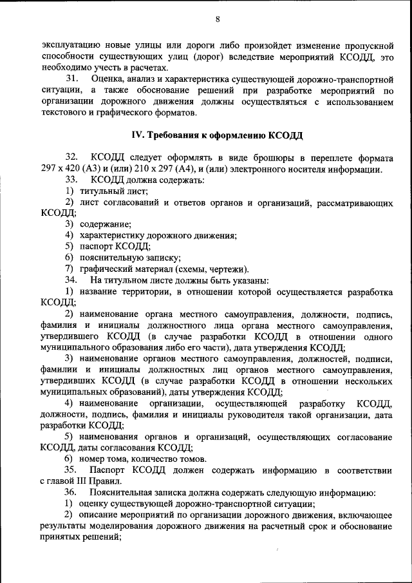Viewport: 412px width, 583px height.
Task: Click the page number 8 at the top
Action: pyautogui.click(x=218, y=19)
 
